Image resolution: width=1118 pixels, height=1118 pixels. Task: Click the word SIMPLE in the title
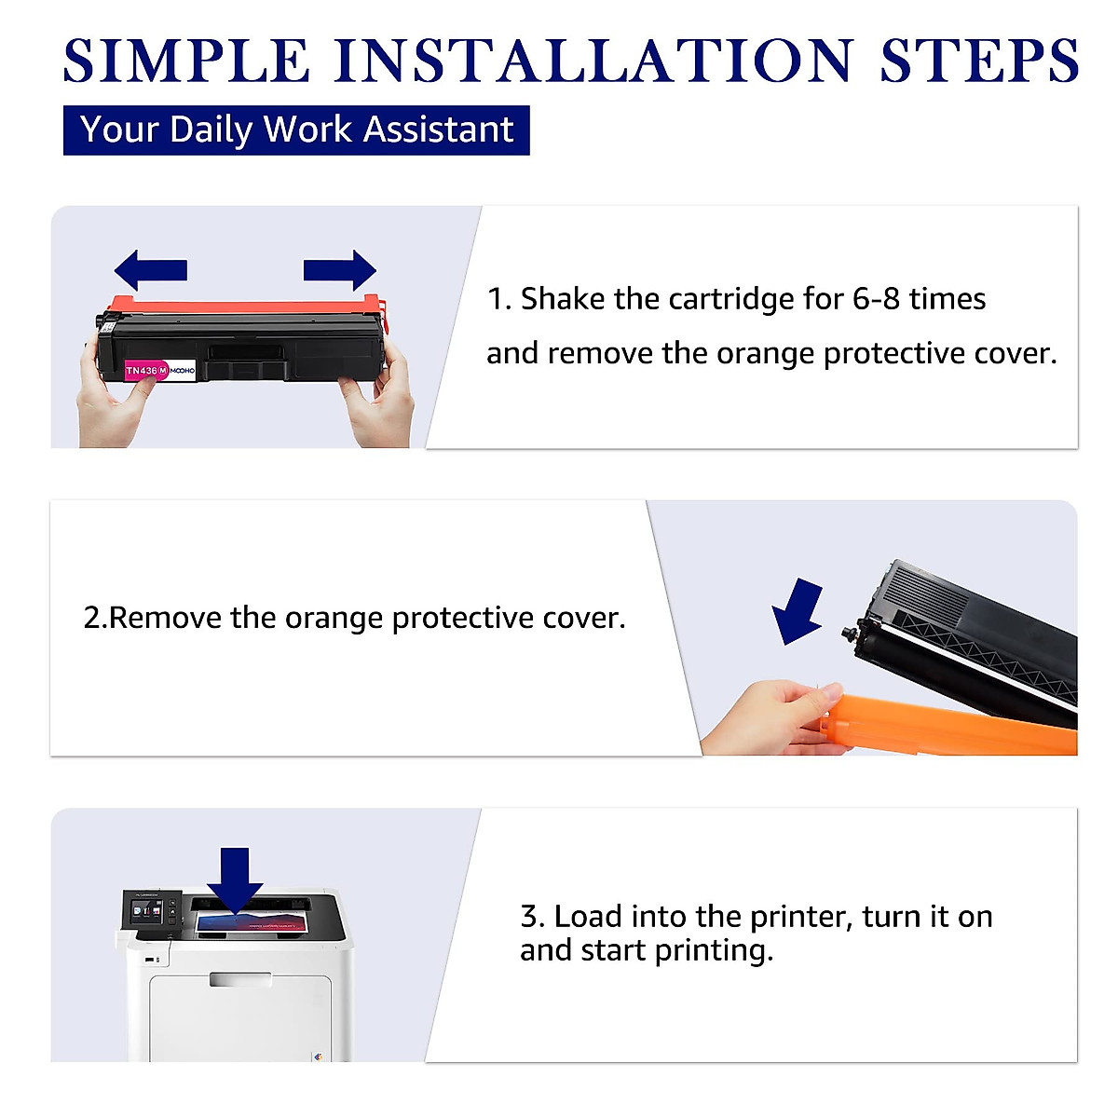(x=186, y=61)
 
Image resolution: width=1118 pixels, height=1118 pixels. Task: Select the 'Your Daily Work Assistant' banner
(x=296, y=130)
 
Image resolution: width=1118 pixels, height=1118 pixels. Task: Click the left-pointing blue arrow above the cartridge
(x=150, y=270)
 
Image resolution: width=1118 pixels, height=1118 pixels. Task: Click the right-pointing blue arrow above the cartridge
(x=340, y=270)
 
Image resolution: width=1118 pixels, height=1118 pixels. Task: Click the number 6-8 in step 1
(x=876, y=299)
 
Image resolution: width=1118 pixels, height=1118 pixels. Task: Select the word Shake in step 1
(x=563, y=299)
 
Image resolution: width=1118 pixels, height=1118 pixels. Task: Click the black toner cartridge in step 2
(x=969, y=634)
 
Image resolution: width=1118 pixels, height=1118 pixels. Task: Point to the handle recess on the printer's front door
(x=239, y=980)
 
